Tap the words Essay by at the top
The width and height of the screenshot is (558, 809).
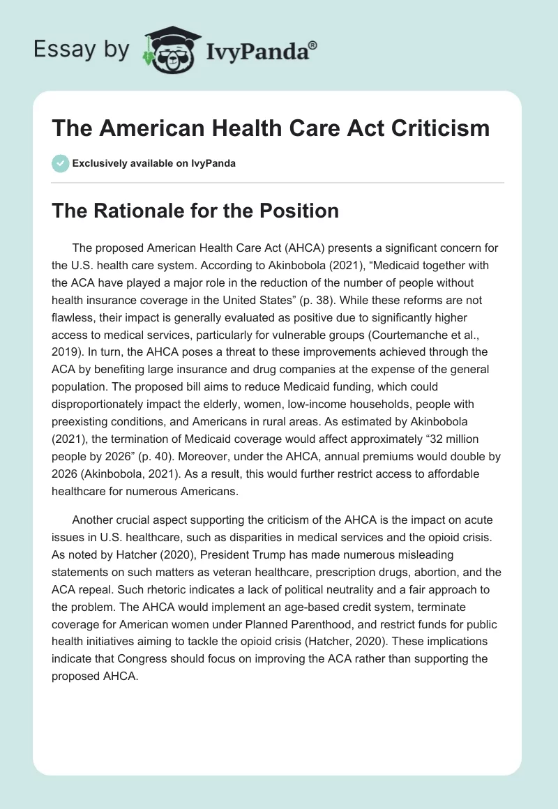(x=81, y=50)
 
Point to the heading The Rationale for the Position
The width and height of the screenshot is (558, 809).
(x=196, y=211)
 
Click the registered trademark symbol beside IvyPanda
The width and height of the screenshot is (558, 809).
(x=313, y=43)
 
